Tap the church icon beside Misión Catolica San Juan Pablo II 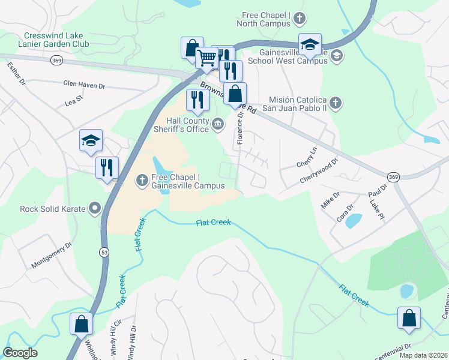[x=336, y=103]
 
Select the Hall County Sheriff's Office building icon [x=218, y=124]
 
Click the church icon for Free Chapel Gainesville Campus [x=142, y=180]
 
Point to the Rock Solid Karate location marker [x=95, y=208]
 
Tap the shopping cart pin [x=206, y=58]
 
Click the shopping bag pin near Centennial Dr [x=409, y=319]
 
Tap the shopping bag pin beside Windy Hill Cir [x=81, y=324]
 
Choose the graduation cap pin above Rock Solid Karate [x=91, y=141]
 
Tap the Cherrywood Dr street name [x=319, y=170]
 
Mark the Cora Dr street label [x=344, y=214]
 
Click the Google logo [x=20, y=353]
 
